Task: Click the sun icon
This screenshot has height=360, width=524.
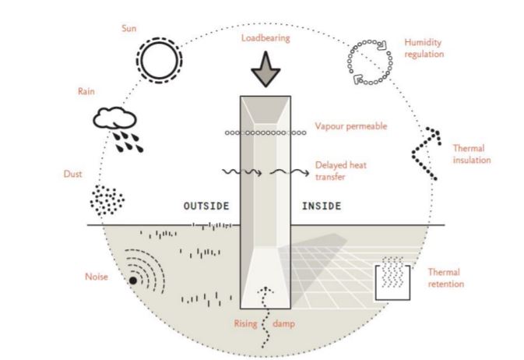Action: (x=159, y=58)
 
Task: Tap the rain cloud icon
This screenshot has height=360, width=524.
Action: (x=117, y=125)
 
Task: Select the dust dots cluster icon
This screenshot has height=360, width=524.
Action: (x=107, y=200)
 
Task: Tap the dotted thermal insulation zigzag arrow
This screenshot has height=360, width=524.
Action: (x=426, y=151)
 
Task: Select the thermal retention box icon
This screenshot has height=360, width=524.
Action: (x=396, y=279)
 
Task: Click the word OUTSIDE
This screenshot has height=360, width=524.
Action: (x=206, y=206)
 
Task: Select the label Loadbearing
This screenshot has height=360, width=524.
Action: (x=266, y=37)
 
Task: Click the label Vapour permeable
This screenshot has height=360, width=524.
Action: (x=350, y=126)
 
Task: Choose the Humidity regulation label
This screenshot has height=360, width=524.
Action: (x=424, y=48)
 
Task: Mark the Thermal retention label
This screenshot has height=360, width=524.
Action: (x=446, y=278)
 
